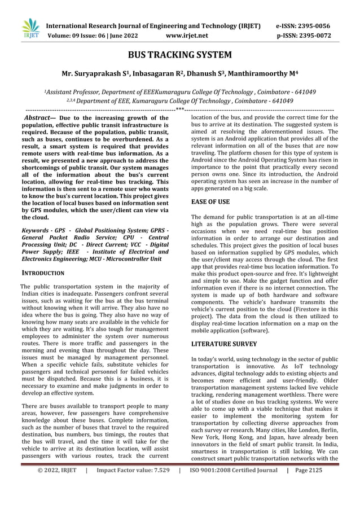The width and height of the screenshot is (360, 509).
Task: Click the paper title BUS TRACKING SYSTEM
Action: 180,55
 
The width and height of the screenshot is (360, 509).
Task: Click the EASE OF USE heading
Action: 210,201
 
